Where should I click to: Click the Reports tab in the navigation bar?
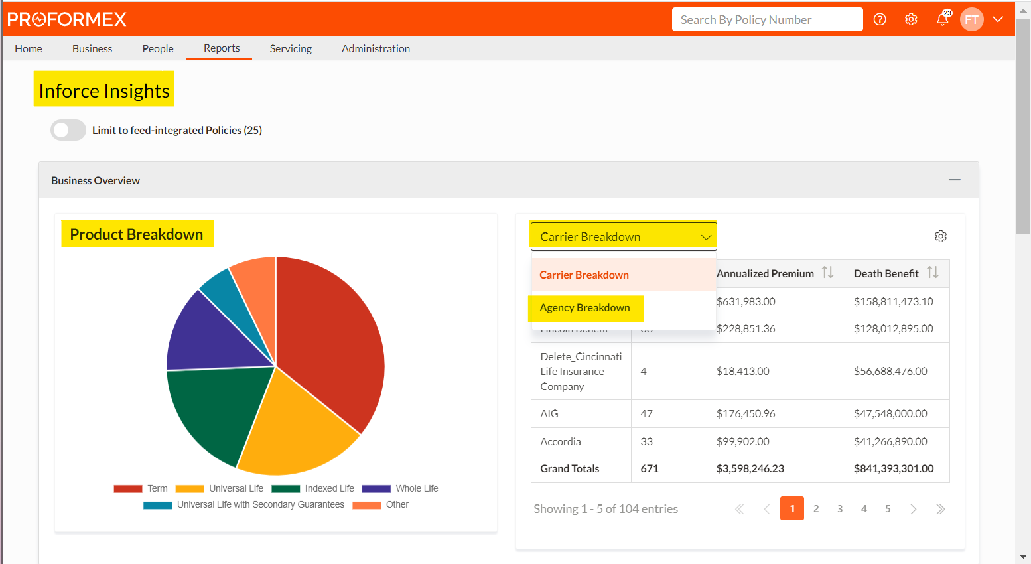point(222,48)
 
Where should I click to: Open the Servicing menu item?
point(291,48)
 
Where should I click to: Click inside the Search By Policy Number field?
point(766,20)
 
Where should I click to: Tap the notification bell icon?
point(941,19)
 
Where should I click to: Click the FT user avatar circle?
point(971,19)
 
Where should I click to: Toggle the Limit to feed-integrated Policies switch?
point(68,130)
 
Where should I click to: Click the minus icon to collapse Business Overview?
point(954,180)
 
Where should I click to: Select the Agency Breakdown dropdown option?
point(584,308)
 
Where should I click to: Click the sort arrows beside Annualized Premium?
point(827,273)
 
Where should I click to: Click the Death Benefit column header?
point(886,273)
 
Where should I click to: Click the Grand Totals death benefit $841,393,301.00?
point(893,468)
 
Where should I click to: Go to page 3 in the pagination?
point(840,509)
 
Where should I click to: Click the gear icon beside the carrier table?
point(940,236)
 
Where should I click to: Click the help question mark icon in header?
point(880,19)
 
